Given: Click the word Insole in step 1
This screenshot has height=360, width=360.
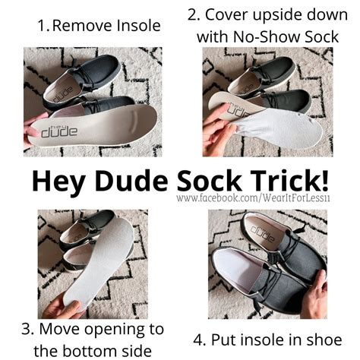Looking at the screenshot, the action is pyautogui.click(x=138, y=26).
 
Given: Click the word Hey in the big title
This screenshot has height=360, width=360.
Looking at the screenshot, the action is pyautogui.click(x=58, y=182).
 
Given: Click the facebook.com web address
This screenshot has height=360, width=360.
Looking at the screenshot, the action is pyautogui.click(x=253, y=197).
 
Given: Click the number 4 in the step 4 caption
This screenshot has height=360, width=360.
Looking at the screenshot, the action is pyautogui.click(x=198, y=340).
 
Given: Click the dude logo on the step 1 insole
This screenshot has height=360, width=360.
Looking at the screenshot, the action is pyautogui.click(x=60, y=131).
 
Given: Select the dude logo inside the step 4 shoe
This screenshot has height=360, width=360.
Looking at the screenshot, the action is pyautogui.click(x=261, y=233).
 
